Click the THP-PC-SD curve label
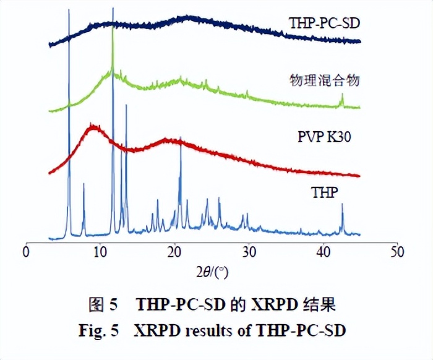point(324,24)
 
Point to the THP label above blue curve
point(324,192)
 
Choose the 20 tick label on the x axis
point(174,252)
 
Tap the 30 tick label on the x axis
point(249,252)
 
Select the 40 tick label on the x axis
point(323,252)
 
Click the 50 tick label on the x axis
point(397,252)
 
